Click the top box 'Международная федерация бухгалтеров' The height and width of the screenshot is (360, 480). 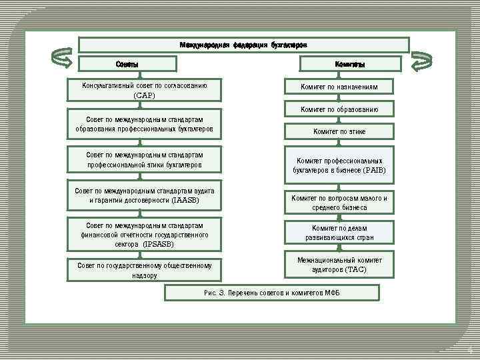(243, 45)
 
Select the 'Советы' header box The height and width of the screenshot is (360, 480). (127, 64)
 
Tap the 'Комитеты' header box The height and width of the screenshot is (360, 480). (350, 64)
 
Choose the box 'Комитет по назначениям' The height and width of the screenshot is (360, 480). (339, 87)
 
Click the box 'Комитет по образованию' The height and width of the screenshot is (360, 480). (339, 109)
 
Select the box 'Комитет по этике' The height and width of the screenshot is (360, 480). (339, 131)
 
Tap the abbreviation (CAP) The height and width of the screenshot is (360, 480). (144, 95)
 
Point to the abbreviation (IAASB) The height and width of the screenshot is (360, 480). (185, 200)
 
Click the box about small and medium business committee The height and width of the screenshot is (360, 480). (339, 203)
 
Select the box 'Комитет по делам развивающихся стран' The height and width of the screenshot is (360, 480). (339, 233)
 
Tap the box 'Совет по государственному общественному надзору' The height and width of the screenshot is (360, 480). (144, 270)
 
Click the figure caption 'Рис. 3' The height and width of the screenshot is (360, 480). (272, 293)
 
